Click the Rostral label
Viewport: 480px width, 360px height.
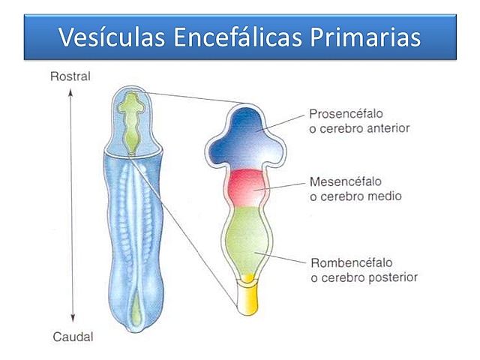click(x=70, y=76)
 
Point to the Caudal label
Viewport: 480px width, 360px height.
click(x=73, y=337)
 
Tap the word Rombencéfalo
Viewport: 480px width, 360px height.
click(x=351, y=263)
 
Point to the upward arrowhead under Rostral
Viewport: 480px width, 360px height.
click(x=70, y=91)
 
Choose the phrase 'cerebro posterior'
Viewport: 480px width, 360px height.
click(x=364, y=277)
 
